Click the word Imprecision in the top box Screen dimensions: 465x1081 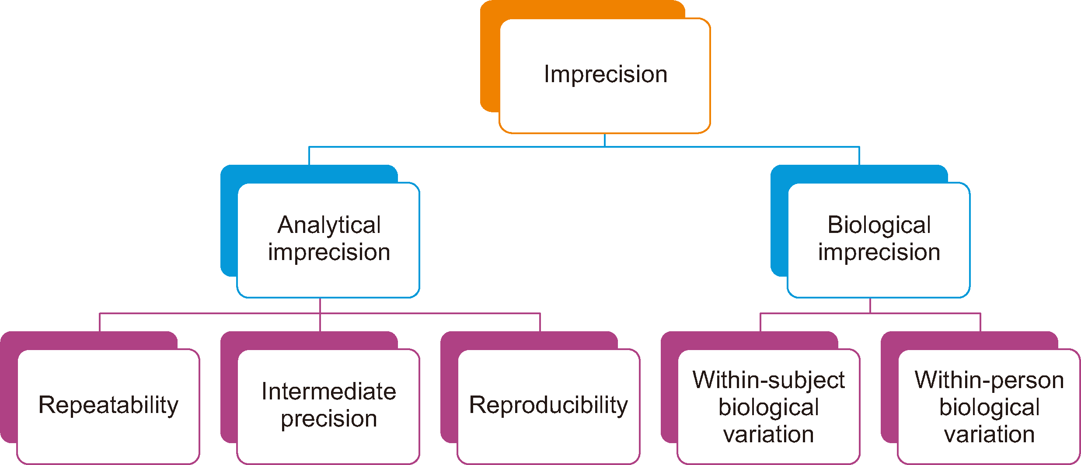(606, 74)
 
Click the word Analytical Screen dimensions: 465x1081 (329, 226)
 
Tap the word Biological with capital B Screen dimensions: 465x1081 (879, 226)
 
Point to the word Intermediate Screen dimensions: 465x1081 (329, 391)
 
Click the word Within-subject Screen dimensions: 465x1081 (769, 380)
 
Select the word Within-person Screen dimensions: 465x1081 (989, 380)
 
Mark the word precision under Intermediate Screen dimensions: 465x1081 (329, 419)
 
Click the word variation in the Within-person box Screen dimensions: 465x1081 (989, 434)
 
